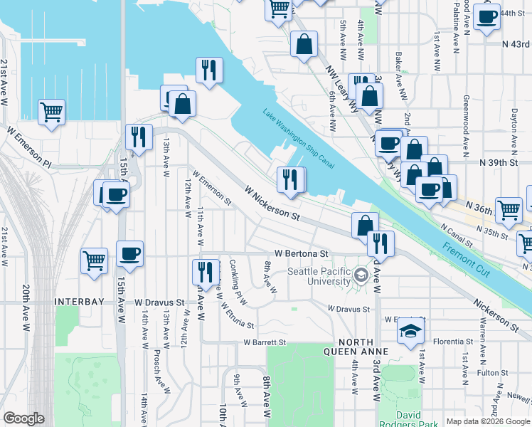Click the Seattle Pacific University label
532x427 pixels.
click(x=319, y=276)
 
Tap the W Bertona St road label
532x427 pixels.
click(x=301, y=253)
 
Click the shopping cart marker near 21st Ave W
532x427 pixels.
click(x=51, y=112)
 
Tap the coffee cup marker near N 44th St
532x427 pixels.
click(x=486, y=17)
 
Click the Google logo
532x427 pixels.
click(x=23, y=418)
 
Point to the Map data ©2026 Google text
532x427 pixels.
click(x=487, y=421)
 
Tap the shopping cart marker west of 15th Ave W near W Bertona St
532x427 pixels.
click(x=95, y=262)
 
